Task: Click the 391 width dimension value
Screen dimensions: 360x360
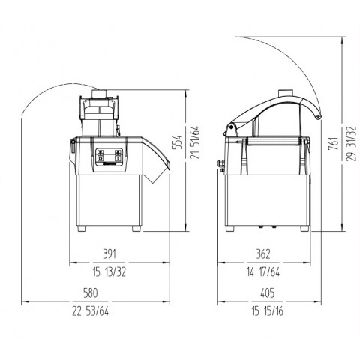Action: coord(109,254)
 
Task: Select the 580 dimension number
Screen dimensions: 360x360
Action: coord(90,293)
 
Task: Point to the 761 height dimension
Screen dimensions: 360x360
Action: coord(334,143)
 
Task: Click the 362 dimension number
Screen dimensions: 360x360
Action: coord(263,254)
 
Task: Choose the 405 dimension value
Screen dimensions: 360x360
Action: coord(267,293)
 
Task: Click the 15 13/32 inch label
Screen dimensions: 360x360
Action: coord(109,272)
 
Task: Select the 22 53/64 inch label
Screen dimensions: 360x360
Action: coord(91,311)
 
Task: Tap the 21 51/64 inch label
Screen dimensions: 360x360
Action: coord(195,142)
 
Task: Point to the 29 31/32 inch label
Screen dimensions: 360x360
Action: coord(351,143)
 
